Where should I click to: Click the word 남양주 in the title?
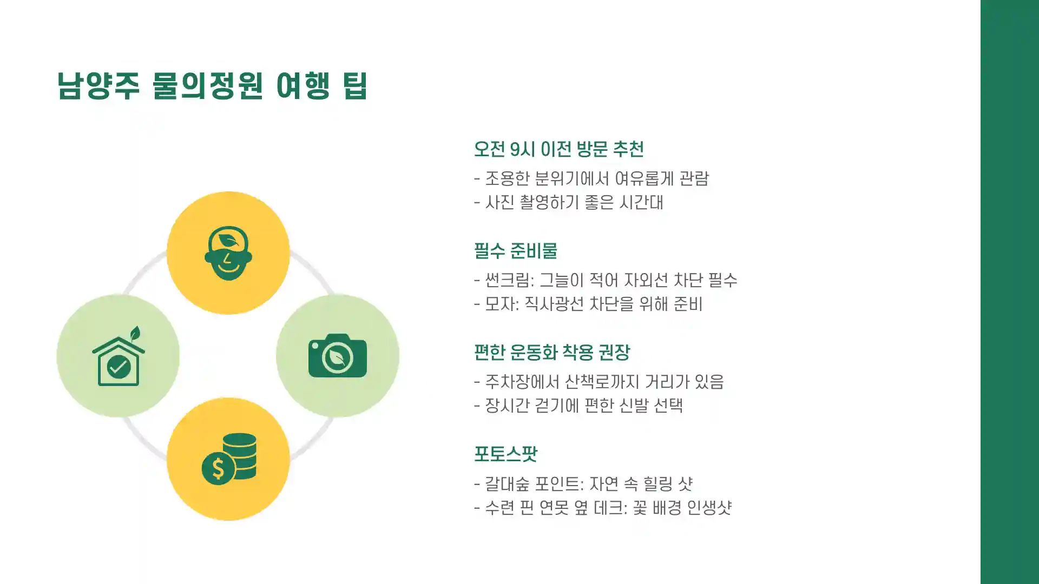click(98, 85)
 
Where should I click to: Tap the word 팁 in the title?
click(355, 85)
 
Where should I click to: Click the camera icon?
click(337, 356)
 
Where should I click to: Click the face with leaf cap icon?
click(228, 253)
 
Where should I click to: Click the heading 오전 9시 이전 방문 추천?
click(558, 149)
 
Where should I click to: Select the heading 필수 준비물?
click(515, 250)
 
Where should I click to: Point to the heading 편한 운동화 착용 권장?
click(551, 352)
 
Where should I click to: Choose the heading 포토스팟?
click(505, 454)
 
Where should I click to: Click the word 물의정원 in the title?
click(207, 85)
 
